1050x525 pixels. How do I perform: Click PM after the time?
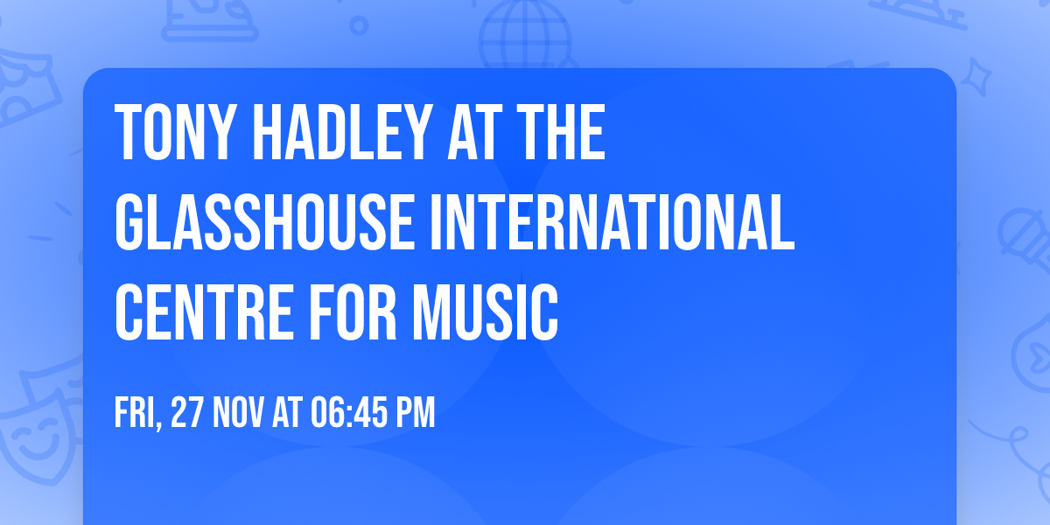(x=416, y=413)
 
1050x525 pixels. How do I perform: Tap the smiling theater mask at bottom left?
(x=35, y=437)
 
